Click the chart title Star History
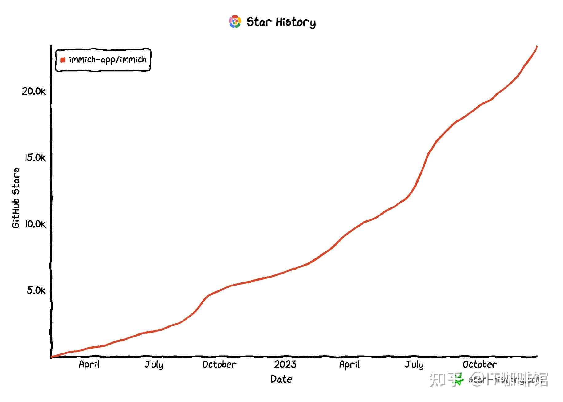point(281,22)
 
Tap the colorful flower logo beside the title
point(235,22)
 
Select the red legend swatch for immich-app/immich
point(63,60)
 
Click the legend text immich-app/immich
point(107,60)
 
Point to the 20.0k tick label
point(33,91)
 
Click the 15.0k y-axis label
point(35,158)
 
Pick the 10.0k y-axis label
point(35,224)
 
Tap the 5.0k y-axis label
point(36,290)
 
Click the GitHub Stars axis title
point(16,198)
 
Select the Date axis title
point(281,379)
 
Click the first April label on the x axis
point(89,365)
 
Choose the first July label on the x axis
point(154,365)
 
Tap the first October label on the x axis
point(219,365)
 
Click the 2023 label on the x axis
point(285,365)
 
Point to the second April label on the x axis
point(349,365)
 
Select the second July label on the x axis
point(414,365)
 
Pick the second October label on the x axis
point(479,365)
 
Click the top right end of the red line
point(537,46)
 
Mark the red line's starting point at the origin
point(52,357)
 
